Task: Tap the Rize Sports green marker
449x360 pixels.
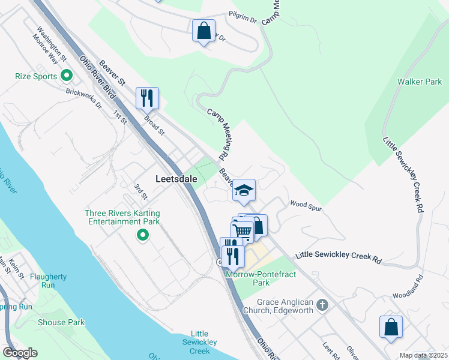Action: (67, 76)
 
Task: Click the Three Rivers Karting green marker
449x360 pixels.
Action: (143, 235)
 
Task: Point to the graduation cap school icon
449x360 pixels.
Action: (244, 191)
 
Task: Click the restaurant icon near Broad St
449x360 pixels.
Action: (147, 98)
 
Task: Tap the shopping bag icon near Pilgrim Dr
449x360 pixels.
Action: (203, 31)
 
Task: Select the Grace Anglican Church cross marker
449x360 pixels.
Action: (322, 305)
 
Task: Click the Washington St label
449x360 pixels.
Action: (50, 38)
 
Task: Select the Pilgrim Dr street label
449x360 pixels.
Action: (243, 17)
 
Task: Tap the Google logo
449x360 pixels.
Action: (20, 352)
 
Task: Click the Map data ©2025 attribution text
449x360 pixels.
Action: (423, 355)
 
